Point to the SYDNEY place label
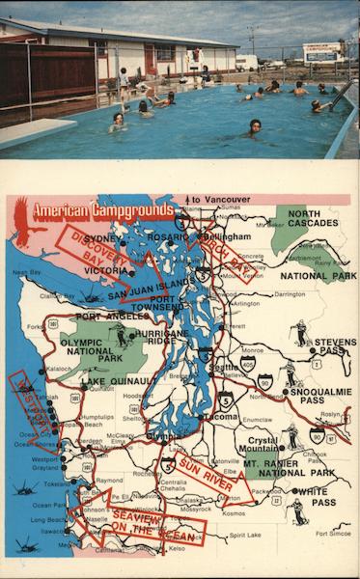(104, 238)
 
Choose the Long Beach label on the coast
(47, 519)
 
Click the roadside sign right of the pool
(322, 51)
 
